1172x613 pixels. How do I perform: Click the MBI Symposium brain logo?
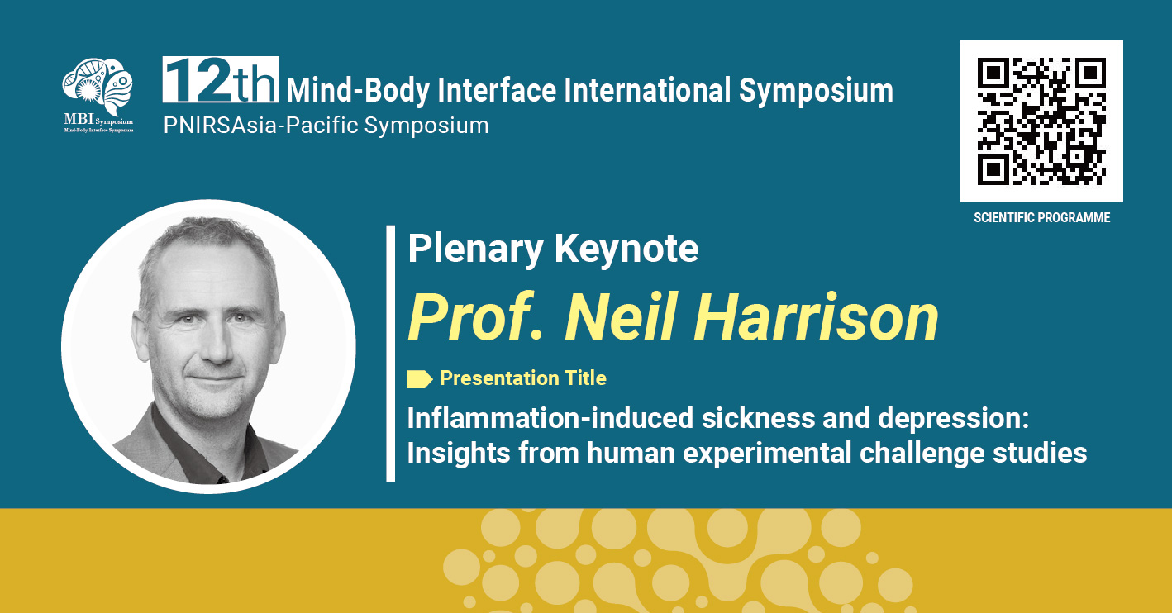(x=98, y=95)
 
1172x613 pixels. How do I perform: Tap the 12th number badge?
(x=221, y=79)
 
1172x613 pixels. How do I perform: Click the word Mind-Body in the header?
(x=358, y=91)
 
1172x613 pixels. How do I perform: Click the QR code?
(x=1041, y=121)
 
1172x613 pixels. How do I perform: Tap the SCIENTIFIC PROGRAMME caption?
(x=1041, y=217)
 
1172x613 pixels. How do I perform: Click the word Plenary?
(x=475, y=249)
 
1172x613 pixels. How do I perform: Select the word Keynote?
(x=626, y=249)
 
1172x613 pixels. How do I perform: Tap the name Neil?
(x=620, y=316)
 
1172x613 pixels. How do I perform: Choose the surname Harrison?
(x=816, y=316)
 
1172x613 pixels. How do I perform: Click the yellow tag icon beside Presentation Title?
(x=420, y=379)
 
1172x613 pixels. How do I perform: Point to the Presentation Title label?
(x=522, y=378)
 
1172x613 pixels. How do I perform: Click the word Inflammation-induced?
(x=550, y=418)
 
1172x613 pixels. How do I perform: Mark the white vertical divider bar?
(x=390, y=354)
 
